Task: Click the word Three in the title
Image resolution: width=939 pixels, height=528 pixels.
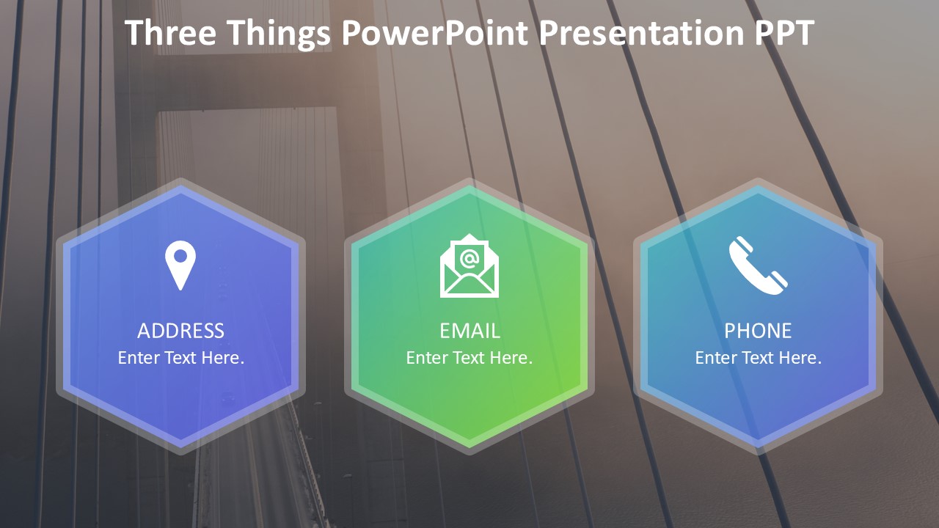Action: [171, 33]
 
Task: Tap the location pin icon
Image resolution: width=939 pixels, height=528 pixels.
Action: [180, 265]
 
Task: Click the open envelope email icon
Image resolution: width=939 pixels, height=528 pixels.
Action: [469, 265]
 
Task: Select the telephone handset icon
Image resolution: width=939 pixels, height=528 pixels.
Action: [758, 265]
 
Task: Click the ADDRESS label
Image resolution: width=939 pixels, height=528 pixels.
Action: [180, 331]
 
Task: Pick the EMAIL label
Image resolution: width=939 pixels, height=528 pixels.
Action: [469, 331]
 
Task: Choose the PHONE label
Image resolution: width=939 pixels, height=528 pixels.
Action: [758, 331]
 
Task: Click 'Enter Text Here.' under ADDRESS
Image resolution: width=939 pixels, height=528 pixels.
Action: [180, 358]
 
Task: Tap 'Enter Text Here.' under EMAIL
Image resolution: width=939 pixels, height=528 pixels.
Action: [469, 358]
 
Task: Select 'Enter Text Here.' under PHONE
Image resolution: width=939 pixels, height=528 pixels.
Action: [758, 358]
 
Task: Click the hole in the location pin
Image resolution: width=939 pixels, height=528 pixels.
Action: [180, 256]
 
